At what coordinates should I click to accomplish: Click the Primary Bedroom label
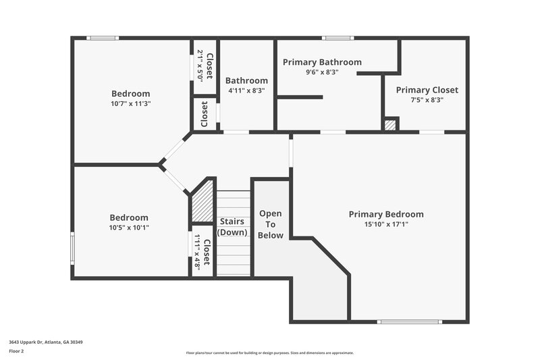tap(386, 214)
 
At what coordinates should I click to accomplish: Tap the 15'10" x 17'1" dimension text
tap(386, 224)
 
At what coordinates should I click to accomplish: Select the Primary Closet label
tap(427, 90)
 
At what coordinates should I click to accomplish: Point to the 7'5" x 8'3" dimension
tap(427, 100)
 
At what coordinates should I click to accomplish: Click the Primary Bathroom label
tap(322, 62)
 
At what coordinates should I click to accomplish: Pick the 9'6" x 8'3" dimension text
tap(322, 72)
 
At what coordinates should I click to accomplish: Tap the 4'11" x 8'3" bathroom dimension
tap(246, 90)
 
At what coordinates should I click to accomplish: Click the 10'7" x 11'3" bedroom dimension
tap(130, 104)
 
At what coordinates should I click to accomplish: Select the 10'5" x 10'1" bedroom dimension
tap(129, 228)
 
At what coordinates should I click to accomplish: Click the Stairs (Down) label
tap(233, 227)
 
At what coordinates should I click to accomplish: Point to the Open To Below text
tap(271, 224)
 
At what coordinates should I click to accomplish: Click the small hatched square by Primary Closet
tap(390, 124)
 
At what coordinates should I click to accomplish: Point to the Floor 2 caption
tap(16, 351)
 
